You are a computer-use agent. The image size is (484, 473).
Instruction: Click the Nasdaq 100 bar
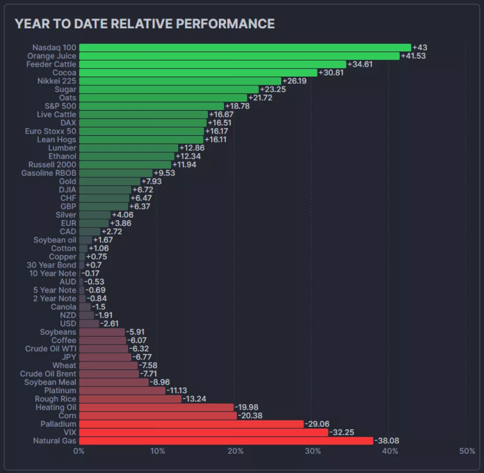[x=245, y=48]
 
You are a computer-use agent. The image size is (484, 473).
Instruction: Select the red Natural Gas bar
[x=226, y=441]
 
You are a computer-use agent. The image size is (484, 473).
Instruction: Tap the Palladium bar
[x=191, y=424]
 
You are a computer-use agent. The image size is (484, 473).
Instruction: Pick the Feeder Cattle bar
[x=213, y=64]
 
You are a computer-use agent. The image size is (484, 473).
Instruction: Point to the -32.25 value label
[x=341, y=432]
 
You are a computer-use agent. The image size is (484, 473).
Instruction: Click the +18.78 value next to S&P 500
[x=237, y=106]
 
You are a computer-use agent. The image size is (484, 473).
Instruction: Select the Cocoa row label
[x=64, y=73]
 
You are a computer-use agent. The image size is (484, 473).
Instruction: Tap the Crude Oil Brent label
[x=48, y=374]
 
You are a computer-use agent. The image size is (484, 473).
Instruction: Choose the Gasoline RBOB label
[x=49, y=173]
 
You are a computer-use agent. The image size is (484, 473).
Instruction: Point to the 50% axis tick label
[x=467, y=451]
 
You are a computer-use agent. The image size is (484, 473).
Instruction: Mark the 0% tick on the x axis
[x=79, y=451]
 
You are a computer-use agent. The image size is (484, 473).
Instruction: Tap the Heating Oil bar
[x=156, y=407]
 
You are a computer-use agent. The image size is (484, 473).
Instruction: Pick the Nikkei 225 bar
[x=180, y=81]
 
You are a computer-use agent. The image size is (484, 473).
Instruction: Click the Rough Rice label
[x=56, y=399]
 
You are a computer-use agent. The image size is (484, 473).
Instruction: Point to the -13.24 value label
[x=195, y=399]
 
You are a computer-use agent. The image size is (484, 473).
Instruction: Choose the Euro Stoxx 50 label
[x=51, y=131]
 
